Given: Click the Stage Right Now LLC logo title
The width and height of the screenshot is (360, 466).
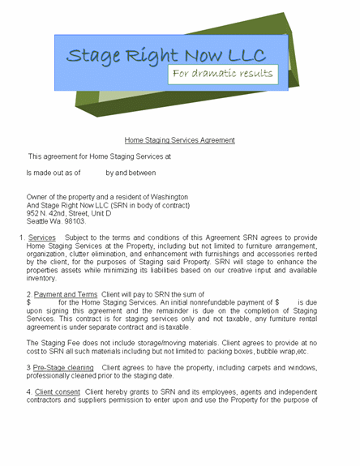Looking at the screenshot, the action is click(x=165, y=55).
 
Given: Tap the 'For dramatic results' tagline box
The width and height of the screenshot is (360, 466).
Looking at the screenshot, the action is click(x=222, y=74).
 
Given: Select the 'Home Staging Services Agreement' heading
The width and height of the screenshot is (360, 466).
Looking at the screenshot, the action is click(x=180, y=139).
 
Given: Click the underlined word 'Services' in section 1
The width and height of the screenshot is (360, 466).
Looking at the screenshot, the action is click(x=41, y=237).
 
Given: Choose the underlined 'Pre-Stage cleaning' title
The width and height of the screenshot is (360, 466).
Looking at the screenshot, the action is click(x=64, y=367).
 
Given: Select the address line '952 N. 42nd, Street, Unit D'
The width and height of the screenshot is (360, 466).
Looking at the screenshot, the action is click(x=69, y=213).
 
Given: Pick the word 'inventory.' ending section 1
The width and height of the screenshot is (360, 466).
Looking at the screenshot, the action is click(x=42, y=278).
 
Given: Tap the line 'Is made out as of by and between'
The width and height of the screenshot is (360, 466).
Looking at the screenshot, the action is click(x=91, y=173).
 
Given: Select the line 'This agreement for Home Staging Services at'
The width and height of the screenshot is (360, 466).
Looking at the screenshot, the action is click(x=100, y=156).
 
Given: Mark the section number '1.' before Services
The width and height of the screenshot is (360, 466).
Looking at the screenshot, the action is click(x=20, y=237).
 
